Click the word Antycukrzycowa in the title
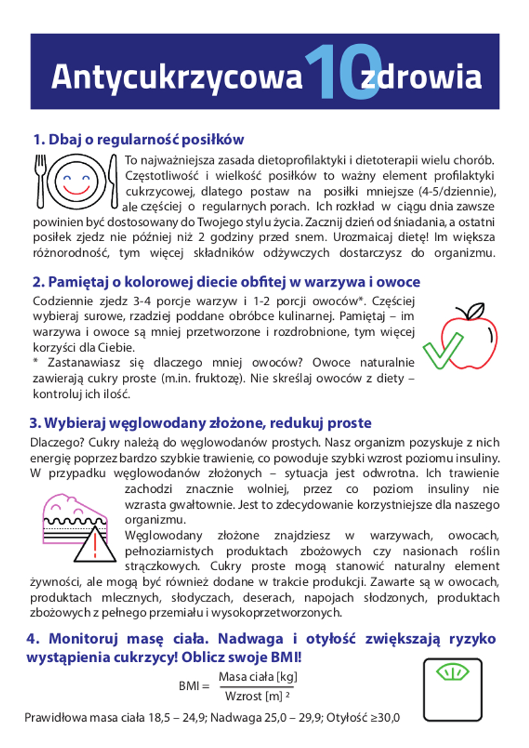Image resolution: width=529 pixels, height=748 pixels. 176,77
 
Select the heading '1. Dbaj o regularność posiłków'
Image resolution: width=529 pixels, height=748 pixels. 139,139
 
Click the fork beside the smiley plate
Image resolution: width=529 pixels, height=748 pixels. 42,180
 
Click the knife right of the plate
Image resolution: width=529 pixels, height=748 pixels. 114,180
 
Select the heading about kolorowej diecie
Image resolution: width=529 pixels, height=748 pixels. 226,282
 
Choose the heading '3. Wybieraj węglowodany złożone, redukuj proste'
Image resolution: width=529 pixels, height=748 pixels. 200,424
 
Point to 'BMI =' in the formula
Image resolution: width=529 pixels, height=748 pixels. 194,687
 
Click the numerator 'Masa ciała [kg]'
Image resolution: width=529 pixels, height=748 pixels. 258,676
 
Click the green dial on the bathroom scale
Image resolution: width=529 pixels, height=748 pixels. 452,672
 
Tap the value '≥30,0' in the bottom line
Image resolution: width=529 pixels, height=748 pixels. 383,717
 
